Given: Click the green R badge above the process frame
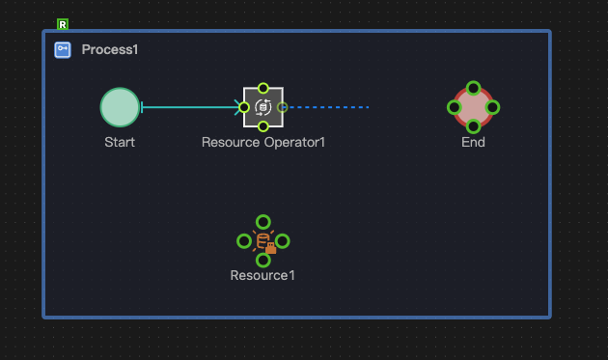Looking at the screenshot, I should click(x=63, y=24).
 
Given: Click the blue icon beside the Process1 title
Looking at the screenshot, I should click(x=62, y=50).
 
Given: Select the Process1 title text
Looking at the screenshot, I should click(x=110, y=50).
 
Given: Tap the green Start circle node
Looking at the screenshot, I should click(x=120, y=107).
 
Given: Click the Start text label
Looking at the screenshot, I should click(x=120, y=142).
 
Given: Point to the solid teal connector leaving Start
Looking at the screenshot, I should click(x=188, y=107).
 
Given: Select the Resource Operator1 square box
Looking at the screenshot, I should click(x=263, y=107).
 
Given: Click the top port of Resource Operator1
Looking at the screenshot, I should click(x=263, y=88).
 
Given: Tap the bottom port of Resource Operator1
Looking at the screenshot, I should click(x=263, y=126).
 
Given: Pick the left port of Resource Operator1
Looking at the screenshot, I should click(x=244, y=107).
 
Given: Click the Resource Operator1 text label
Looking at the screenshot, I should click(x=263, y=142).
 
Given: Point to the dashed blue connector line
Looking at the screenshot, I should click(x=328, y=107).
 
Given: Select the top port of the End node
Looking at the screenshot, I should click(x=473, y=88).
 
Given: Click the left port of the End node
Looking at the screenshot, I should click(x=454, y=107).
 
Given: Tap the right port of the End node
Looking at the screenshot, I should click(x=492, y=107).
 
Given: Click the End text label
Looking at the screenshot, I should click(x=473, y=142).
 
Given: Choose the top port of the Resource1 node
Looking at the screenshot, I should click(x=263, y=221).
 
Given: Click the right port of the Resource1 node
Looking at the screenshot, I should click(x=283, y=240).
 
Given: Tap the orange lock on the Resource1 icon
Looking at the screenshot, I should click(x=271, y=249).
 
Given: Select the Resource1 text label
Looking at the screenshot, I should click(x=263, y=275).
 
